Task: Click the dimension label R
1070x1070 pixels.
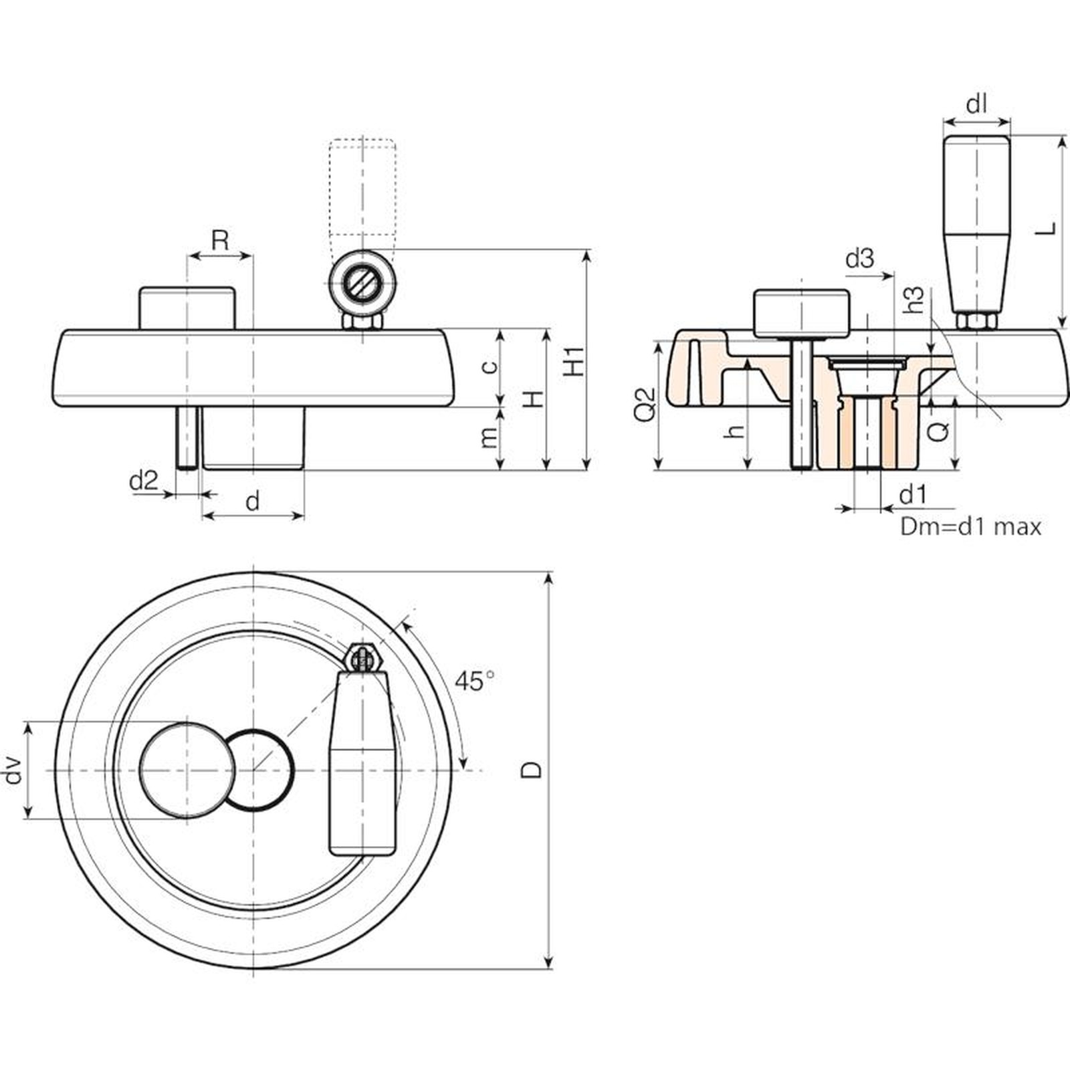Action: tap(220, 240)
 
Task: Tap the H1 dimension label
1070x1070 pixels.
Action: tap(574, 361)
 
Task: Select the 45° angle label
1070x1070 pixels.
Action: tap(474, 681)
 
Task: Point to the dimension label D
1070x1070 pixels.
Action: tap(532, 769)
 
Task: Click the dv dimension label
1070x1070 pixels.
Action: tap(13, 770)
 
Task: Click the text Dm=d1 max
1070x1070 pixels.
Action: tap(970, 527)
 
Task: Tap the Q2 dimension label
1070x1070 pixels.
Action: tap(645, 404)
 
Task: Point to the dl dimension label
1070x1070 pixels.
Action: tap(977, 104)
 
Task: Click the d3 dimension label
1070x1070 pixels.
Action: tap(859, 258)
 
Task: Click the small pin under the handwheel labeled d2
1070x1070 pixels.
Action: tap(187, 438)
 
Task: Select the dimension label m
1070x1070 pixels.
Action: tap(490, 437)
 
